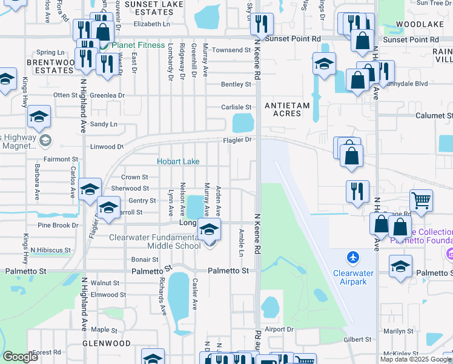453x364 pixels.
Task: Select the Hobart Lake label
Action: coord(178,161)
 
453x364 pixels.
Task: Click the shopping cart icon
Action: coord(422,200)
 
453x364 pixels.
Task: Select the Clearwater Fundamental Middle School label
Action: coord(154,241)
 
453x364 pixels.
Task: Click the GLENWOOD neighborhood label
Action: coord(107,343)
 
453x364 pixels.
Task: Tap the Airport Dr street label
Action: coord(279,329)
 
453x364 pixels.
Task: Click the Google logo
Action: coord(21,356)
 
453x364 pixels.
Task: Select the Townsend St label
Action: coord(235,49)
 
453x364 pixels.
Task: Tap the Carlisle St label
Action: coord(236,107)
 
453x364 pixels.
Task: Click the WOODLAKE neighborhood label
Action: coord(416,24)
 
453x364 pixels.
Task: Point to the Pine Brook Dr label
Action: coord(58,225)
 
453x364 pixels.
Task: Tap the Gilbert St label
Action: coord(357,340)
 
